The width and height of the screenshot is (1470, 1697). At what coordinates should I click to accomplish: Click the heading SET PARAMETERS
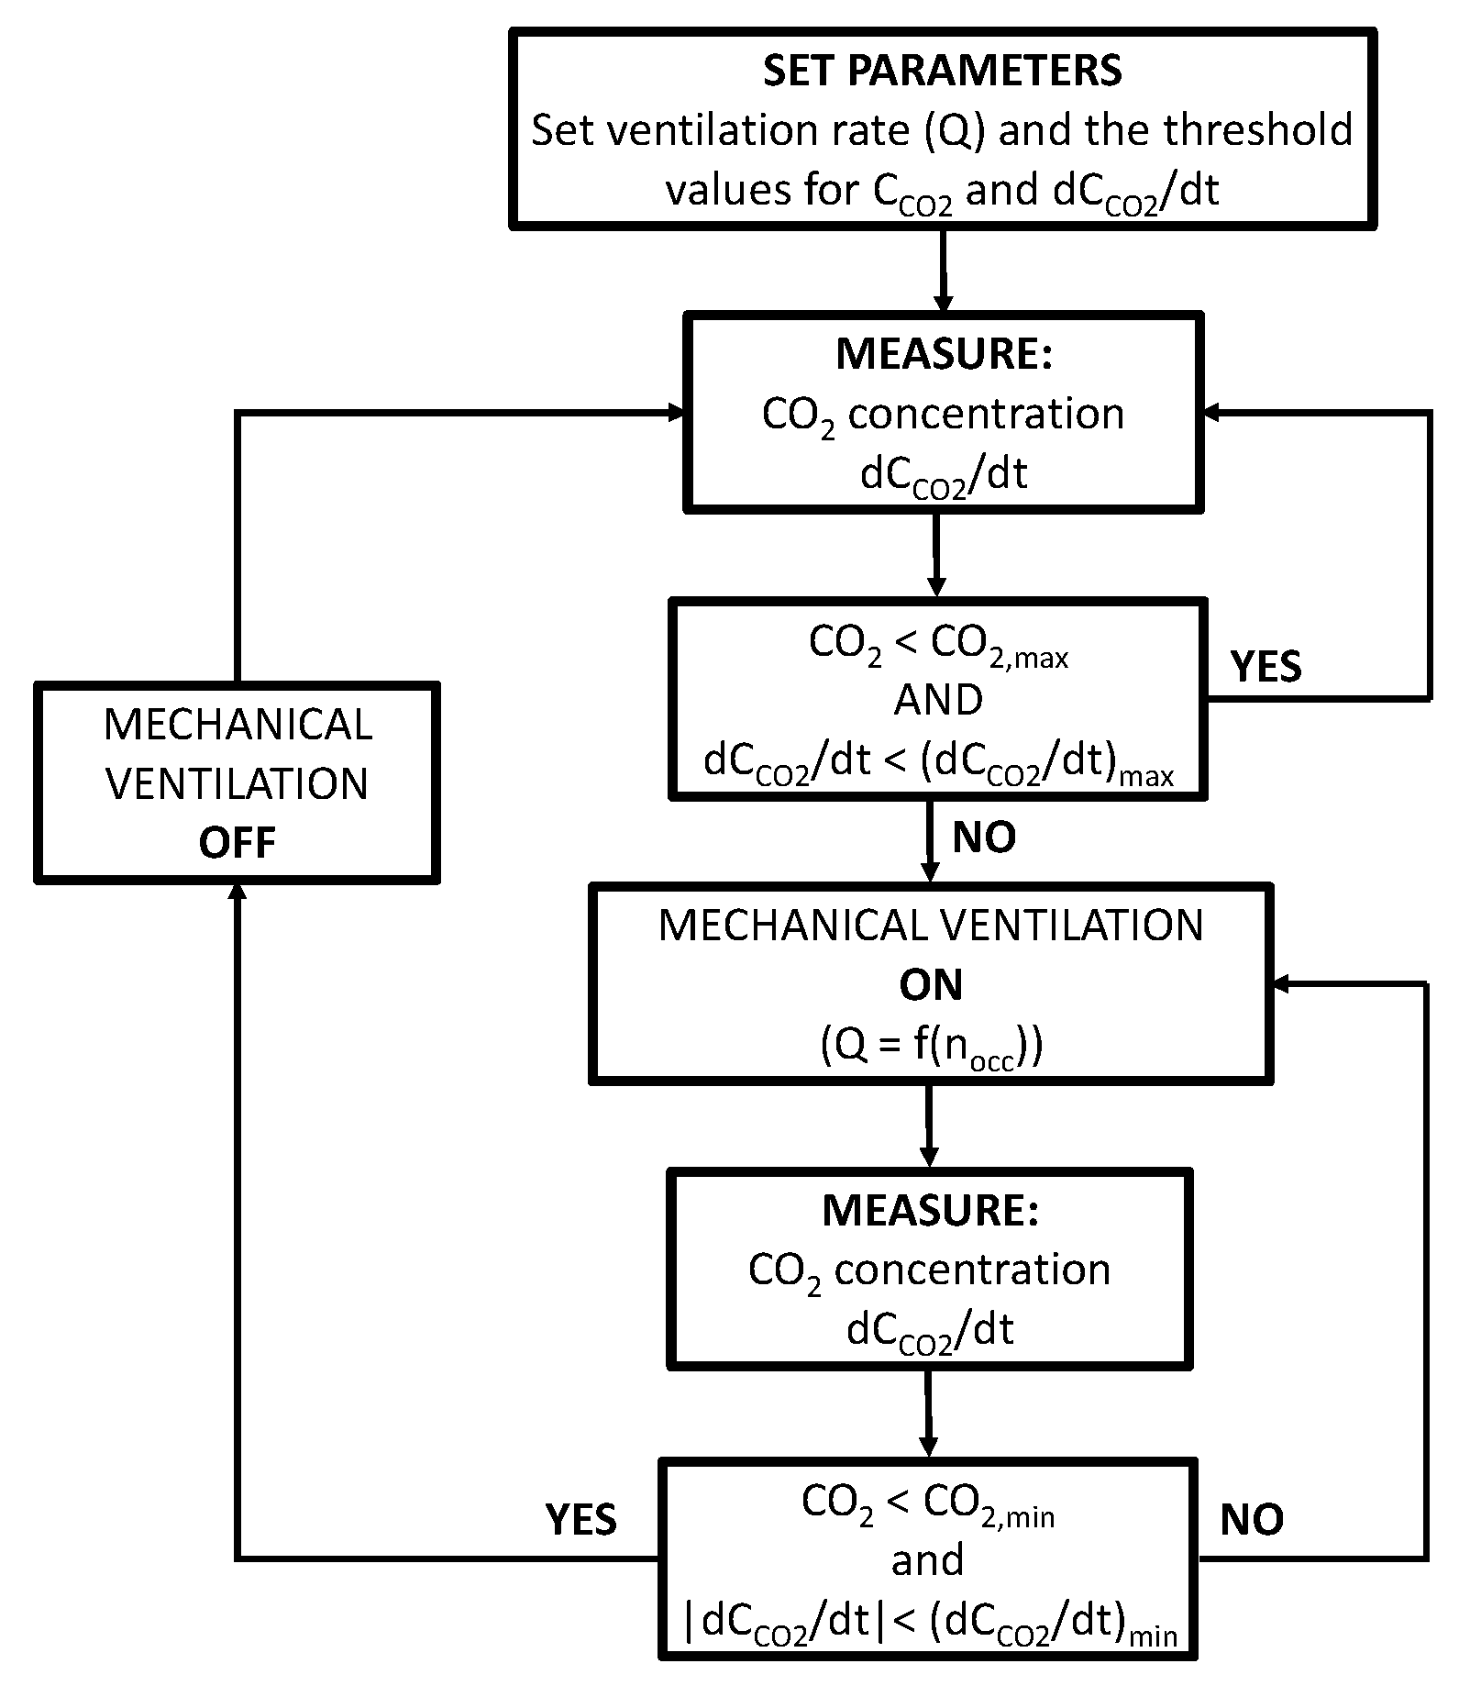pyautogui.click(x=942, y=72)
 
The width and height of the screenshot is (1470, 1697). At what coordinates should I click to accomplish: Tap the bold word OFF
pyautogui.click(x=237, y=843)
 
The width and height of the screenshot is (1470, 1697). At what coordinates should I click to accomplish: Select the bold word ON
pyautogui.click(x=931, y=985)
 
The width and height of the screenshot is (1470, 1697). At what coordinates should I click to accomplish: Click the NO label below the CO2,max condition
pyautogui.click(x=984, y=837)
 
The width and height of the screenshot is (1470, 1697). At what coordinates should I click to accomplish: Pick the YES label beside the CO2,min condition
pyautogui.click(x=580, y=1520)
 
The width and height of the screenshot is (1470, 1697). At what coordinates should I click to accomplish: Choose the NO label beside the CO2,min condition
pyautogui.click(x=1252, y=1520)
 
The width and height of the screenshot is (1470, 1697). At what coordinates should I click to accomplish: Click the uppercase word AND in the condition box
pyautogui.click(x=938, y=701)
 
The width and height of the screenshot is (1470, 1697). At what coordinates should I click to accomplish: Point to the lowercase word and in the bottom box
pyautogui.click(x=927, y=1560)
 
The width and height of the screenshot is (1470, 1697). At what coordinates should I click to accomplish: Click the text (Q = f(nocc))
pyautogui.click(x=931, y=1045)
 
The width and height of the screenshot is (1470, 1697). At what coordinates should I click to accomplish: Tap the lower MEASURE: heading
pyautogui.click(x=930, y=1211)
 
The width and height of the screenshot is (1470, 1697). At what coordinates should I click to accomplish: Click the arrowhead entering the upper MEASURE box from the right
pyautogui.click(x=1210, y=414)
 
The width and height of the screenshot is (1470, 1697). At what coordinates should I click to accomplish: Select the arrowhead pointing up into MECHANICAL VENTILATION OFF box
pyautogui.click(x=238, y=890)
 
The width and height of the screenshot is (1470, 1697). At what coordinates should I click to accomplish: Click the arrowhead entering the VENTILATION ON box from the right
pyautogui.click(x=1280, y=984)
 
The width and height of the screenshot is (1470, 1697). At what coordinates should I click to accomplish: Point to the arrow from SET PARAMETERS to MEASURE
pyautogui.click(x=943, y=270)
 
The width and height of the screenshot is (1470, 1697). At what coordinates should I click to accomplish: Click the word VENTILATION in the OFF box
pyautogui.click(x=237, y=784)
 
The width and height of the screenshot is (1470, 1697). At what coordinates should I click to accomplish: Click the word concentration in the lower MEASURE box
pyautogui.click(x=972, y=1270)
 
